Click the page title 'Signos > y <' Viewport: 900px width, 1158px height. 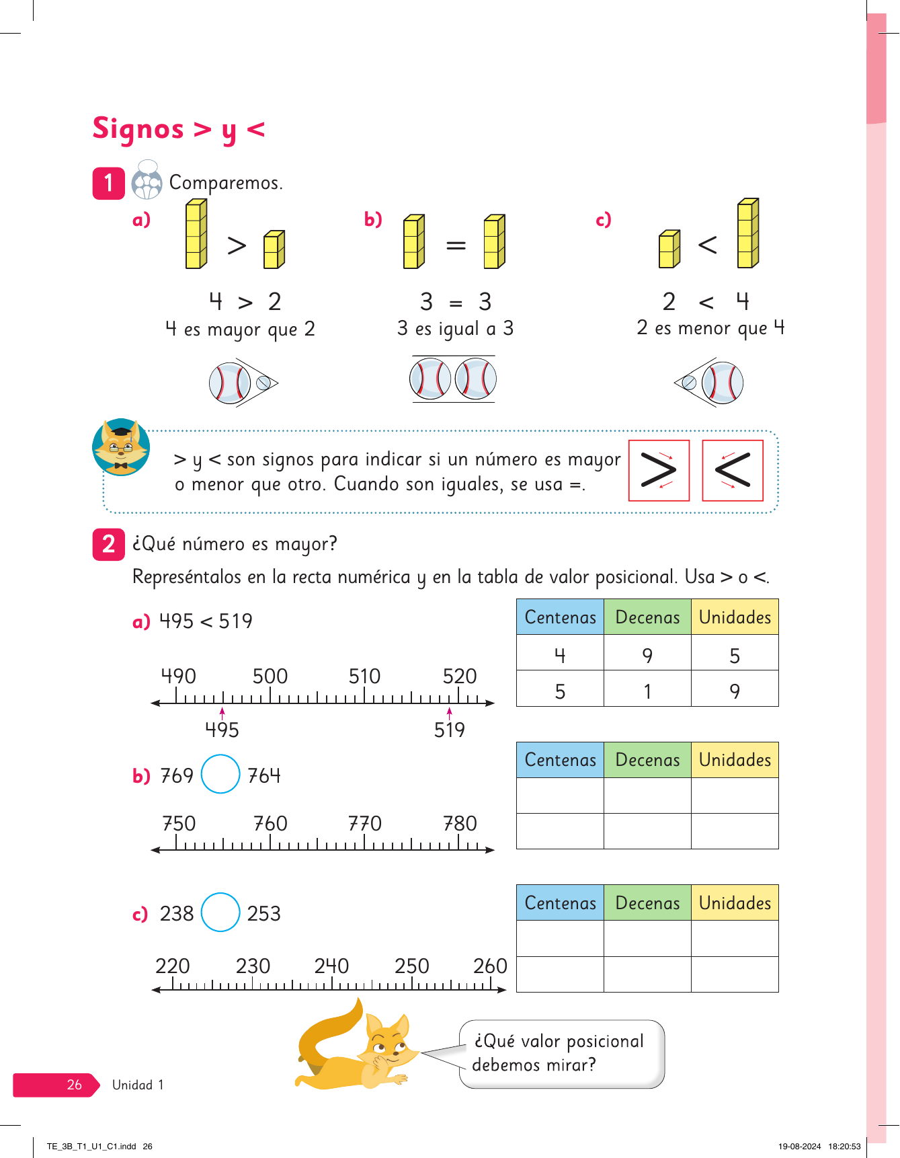click(x=179, y=129)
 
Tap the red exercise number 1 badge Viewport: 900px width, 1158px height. click(x=108, y=184)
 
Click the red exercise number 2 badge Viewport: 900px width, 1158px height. click(x=108, y=545)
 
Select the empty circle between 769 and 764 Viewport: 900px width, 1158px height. click(x=220, y=774)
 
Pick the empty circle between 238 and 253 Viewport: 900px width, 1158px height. click(x=220, y=912)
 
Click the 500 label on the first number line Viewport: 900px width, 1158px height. click(x=270, y=677)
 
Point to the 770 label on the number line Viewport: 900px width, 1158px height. click(x=365, y=824)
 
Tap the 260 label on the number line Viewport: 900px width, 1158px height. click(x=490, y=966)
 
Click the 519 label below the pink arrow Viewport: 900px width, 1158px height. click(x=450, y=730)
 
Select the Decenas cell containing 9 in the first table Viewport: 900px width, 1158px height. click(x=647, y=656)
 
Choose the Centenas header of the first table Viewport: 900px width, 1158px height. click(x=560, y=617)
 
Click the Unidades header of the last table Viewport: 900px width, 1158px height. click(x=735, y=903)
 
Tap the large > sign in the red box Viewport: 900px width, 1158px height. click(x=659, y=471)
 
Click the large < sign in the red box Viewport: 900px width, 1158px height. click(x=733, y=471)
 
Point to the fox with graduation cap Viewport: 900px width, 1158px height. click(x=121, y=447)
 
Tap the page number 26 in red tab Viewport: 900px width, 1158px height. click(x=74, y=1085)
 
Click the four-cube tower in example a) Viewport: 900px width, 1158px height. click(x=196, y=235)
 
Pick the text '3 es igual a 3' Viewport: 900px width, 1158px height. click(x=455, y=329)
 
